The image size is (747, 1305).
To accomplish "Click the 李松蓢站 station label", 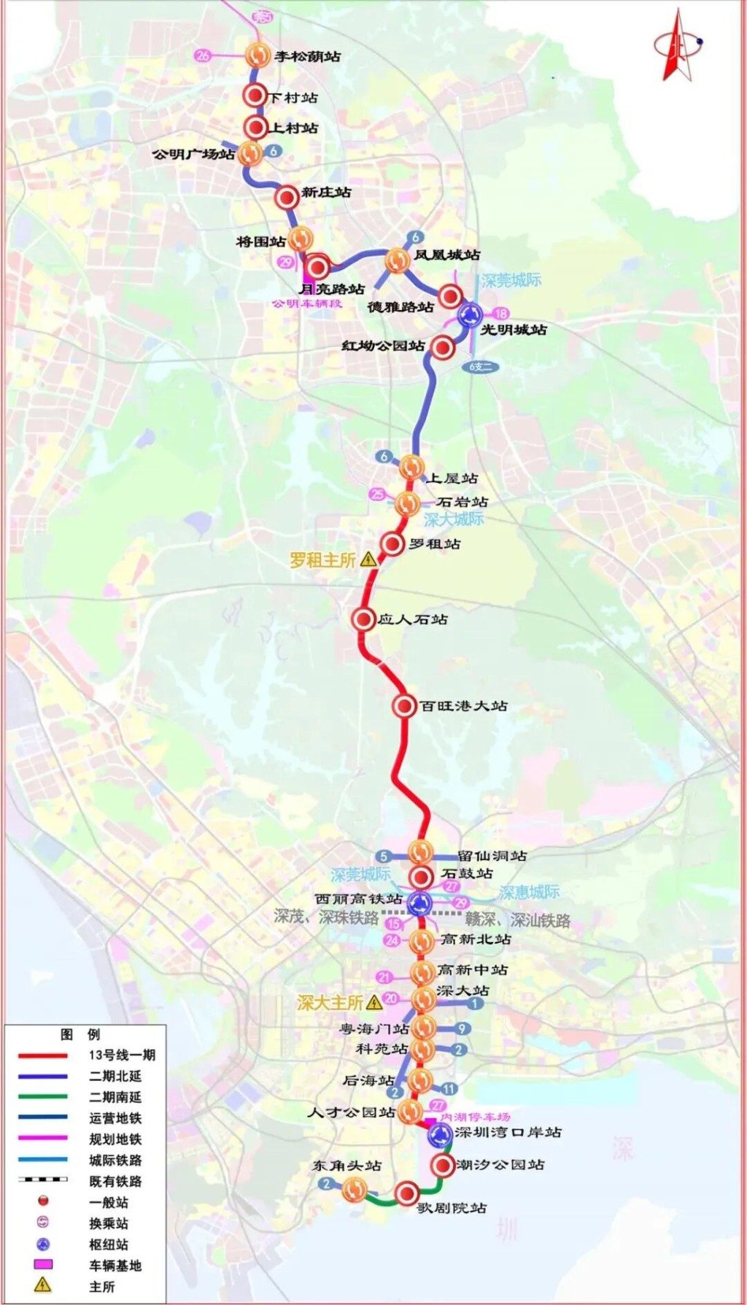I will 307,56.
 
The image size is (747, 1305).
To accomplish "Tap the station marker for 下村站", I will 255,96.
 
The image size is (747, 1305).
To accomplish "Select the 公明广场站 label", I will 193,154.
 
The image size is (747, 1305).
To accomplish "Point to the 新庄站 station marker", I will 287,195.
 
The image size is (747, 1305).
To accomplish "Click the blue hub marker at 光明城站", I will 470,316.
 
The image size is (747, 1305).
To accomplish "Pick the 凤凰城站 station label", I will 447,255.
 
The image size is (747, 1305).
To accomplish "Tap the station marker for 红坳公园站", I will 441,347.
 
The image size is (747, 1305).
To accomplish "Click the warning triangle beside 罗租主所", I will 368,559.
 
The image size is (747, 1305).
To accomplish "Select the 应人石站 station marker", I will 363,619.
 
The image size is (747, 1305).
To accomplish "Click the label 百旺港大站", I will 463,705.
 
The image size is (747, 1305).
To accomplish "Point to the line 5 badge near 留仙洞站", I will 384,856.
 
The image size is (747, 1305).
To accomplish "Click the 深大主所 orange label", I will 330,1002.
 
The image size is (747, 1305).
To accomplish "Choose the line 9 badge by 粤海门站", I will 461,1029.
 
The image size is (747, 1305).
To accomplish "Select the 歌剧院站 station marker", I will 407,1193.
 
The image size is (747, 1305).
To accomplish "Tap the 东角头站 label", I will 347,1166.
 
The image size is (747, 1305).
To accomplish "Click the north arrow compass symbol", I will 677,45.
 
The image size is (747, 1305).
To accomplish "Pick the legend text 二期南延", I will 115,1097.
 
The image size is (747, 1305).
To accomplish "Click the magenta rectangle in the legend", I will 43,1265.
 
